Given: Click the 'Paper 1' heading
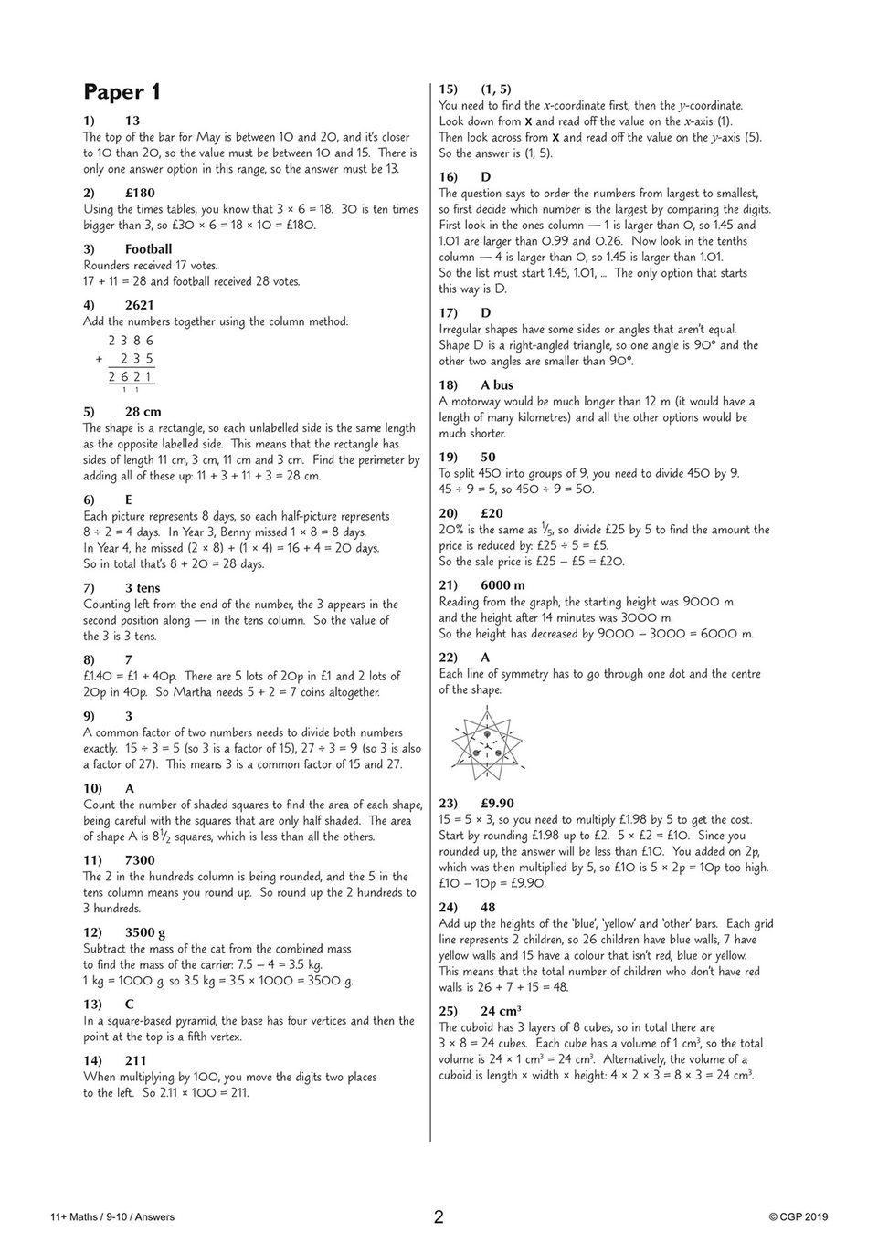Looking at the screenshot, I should pos(122,92).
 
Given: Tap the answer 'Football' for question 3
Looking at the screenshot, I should pos(148,248).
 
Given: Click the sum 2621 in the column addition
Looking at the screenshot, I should pos(131,376).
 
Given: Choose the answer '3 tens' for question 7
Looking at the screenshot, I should pos(143,587).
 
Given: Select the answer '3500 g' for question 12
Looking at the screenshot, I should pos(145,931).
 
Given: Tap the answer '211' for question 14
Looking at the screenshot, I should pos(136,1060).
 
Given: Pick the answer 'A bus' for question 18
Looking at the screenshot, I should pos(497,384).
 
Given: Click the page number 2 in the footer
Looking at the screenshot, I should pos(439,1216).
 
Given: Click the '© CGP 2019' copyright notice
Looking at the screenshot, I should pos(798,1216).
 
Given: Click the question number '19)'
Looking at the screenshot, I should pos(448,457).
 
